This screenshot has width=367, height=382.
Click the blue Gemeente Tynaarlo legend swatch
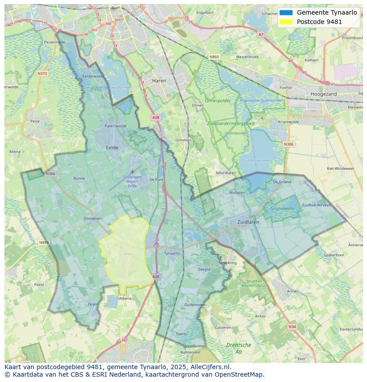click(286, 12)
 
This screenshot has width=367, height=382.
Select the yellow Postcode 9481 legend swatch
click(286, 22)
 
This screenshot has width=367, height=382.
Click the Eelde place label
click(112, 147)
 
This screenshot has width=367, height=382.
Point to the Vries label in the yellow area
click(128, 254)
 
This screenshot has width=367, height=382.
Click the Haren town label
click(159, 81)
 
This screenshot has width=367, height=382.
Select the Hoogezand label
click(324, 94)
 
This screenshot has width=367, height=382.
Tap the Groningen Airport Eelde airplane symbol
click(132, 171)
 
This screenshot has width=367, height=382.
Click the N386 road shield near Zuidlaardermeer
click(288, 144)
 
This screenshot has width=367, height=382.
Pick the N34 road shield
click(292, 327)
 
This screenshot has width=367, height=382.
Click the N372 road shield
click(42, 73)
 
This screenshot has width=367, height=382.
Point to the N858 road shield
click(43, 243)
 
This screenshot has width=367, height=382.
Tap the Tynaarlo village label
click(172, 253)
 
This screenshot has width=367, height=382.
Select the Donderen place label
click(93, 218)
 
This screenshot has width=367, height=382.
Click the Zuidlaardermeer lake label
click(256, 160)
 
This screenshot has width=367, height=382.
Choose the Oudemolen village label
click(195, 305)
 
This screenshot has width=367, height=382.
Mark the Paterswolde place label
click(115, 126)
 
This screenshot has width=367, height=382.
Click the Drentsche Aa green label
click(238, 348)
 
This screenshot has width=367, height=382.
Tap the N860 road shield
click(214, 57)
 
